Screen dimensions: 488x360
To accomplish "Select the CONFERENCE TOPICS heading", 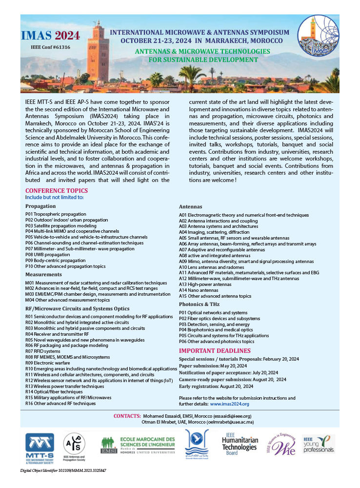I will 57,191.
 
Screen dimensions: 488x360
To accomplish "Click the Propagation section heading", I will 40,206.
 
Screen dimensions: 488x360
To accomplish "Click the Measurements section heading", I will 43,275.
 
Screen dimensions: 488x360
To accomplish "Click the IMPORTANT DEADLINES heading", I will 215,351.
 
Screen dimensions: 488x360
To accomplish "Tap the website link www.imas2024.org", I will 229,404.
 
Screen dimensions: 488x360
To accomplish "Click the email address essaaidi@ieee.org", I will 233,416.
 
